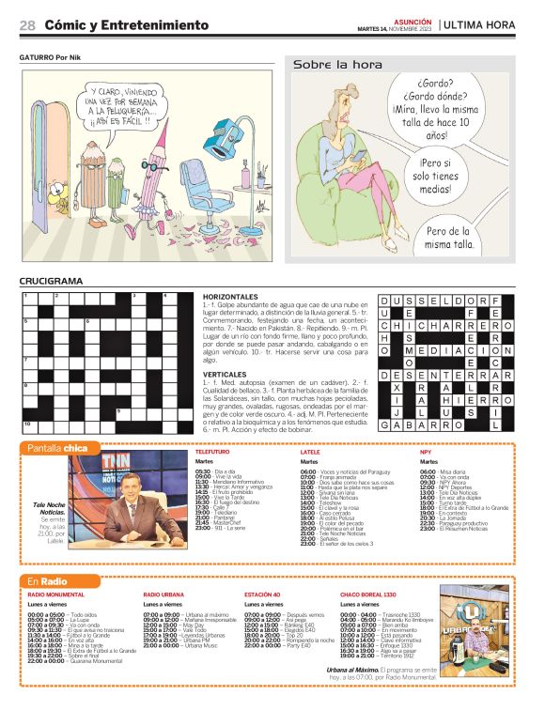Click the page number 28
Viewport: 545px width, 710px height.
[x=27, y=24]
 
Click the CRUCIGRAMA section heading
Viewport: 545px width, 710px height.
[x=51, y=281]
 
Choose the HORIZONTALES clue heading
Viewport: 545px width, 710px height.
[x=230, y=297]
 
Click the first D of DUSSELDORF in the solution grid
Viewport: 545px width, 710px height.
[x=385, y=301]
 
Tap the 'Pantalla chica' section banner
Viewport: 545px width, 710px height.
[x=58, y=448]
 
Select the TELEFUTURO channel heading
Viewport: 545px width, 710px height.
[x=211, y=452]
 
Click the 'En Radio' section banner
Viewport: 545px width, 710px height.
[x=48, y=581]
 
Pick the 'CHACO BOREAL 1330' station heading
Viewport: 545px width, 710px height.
[x=368, y=595]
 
